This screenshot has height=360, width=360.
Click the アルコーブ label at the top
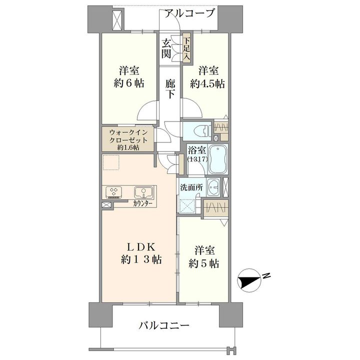(189, 13)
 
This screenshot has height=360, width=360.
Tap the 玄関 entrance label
(166, 48)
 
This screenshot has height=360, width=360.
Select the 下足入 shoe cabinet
(186, 48)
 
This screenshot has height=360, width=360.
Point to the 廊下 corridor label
(170, 88)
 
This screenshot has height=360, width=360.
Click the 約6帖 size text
(129, 83)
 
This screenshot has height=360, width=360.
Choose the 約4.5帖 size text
(207, 84)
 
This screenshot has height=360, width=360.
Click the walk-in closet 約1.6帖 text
(128, 147)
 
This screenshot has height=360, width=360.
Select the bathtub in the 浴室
(217, 159)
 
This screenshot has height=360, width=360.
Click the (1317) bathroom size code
(197, 159)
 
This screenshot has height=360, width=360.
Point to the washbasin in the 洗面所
(213, 187)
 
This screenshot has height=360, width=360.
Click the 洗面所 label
(191, 188)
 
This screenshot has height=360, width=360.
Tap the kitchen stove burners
(114, 192)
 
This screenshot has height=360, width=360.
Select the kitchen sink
(143, 192)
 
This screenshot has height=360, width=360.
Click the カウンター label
(142, 203)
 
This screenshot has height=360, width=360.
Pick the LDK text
(141, 247)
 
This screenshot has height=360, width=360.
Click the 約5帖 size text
(203, 263)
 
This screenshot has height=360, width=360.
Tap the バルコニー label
(164, 325)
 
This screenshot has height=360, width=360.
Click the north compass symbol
(249, 280)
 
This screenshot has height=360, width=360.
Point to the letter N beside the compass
(266, 275)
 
